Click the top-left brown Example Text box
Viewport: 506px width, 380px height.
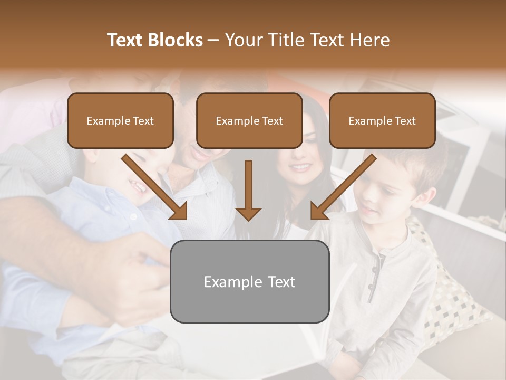[120, 121]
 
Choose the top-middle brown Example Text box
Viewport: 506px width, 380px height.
[249, 121]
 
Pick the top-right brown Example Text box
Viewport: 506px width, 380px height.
[382, 121]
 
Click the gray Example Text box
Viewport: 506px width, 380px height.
[249, 281]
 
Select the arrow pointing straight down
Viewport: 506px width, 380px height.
[248, 190]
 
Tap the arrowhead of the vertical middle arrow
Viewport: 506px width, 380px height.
[248, 213]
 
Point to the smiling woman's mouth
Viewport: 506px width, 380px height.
[300, 167]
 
